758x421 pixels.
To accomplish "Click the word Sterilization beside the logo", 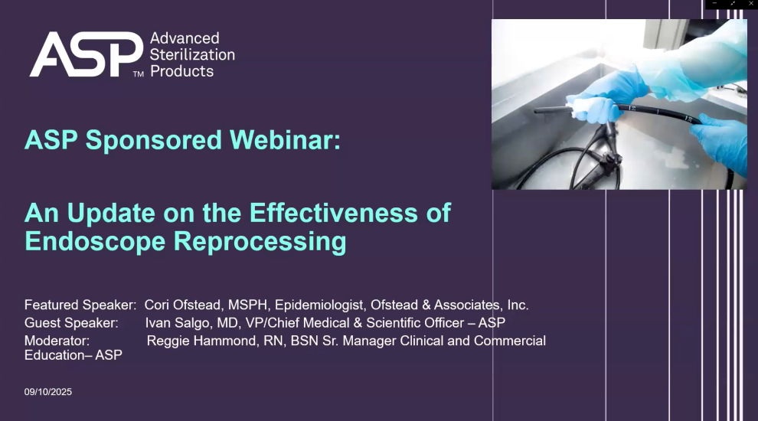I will (192, 54).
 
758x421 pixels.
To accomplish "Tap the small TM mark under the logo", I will (138, 74).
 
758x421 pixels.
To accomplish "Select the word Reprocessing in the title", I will (260, 241).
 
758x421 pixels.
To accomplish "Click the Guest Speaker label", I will (71, 322).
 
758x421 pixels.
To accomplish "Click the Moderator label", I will (57, 340).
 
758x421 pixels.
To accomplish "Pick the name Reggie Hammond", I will (201, 340).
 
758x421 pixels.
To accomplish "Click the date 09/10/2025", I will (48, 392).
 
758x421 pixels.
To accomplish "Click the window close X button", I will (750, 4).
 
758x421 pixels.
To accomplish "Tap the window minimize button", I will (715, 4).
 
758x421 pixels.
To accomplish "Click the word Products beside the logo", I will (181, 71).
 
